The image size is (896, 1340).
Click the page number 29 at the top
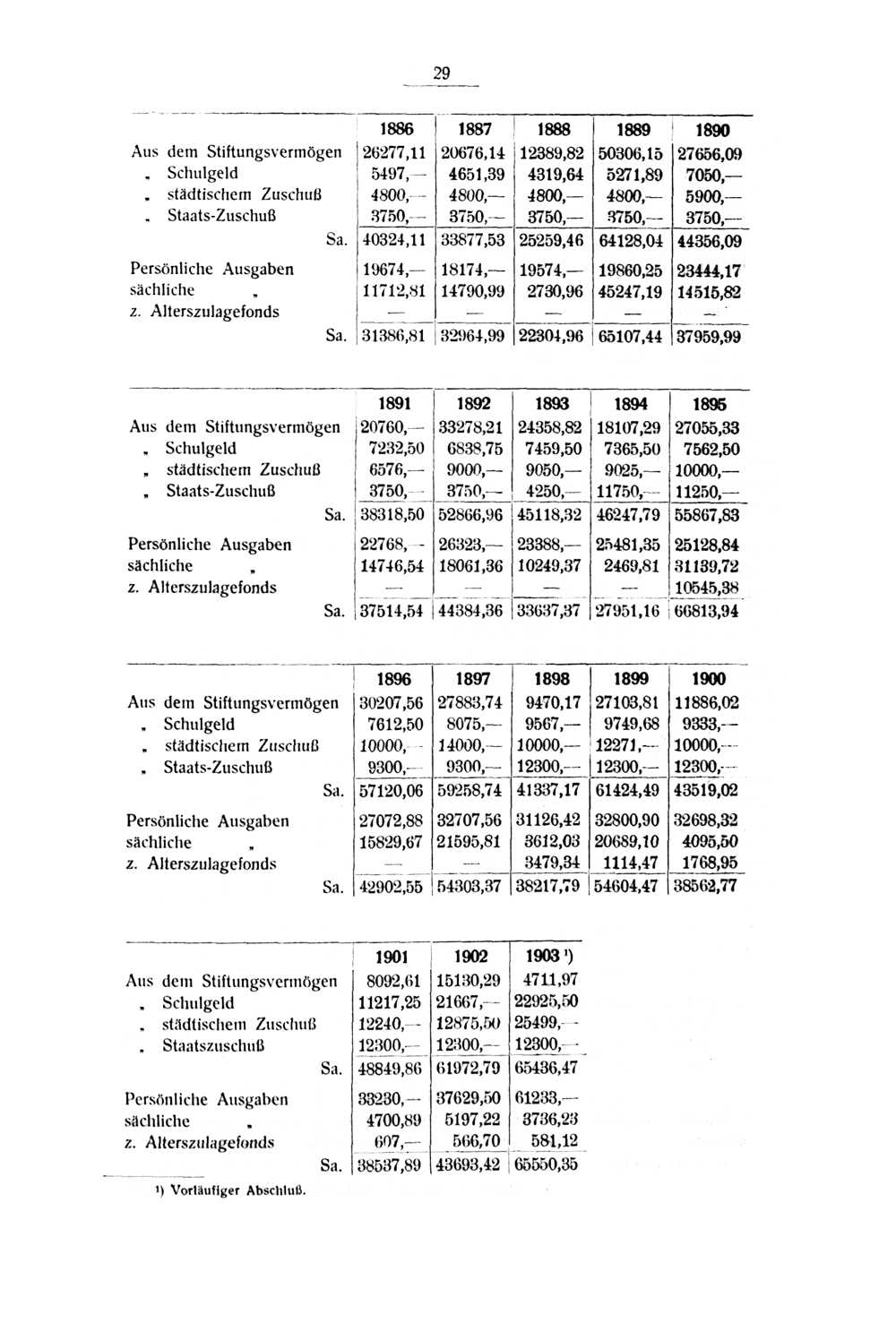(x=441, y=73)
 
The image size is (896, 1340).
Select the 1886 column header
(x=396, y=130)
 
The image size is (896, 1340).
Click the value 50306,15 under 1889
(x=631, y=154)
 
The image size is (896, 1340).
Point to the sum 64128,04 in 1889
(x=631, y=241)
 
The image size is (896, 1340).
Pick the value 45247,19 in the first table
(x=631, y=292)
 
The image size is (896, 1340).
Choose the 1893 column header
(x=552, y=405)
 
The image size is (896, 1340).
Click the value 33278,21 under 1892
(x=470, y=428)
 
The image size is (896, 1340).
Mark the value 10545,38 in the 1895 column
(x=707, y=588)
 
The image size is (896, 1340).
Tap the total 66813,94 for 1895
(x=707, y=611)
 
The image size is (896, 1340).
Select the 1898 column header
(x=552, y=680)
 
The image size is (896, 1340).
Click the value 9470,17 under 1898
(x=553, y=703)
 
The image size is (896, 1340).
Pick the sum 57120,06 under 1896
(x=392, y=791)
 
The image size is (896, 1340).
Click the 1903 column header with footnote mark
(x=547, y=958)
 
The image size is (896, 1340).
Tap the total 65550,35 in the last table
(x=546, y=1164)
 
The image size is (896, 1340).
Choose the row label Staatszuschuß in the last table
(x=213, y=1046)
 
